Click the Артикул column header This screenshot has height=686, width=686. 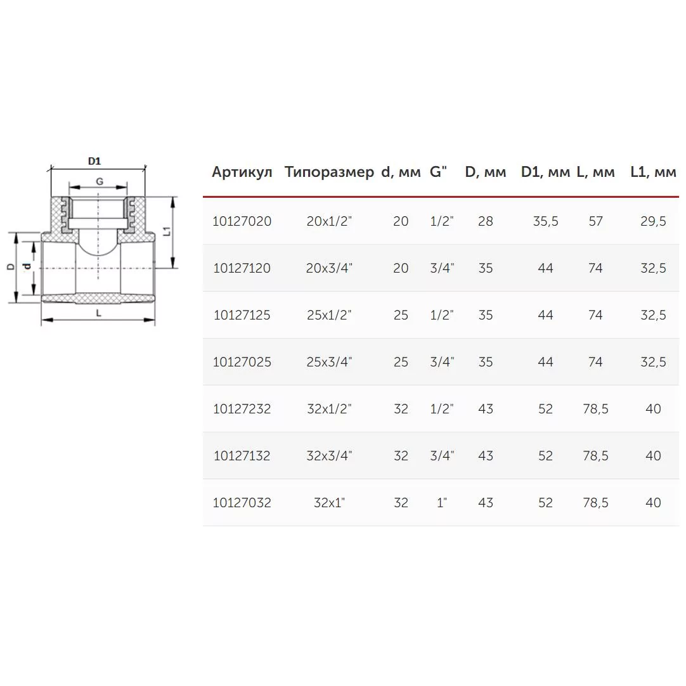pos(242,172)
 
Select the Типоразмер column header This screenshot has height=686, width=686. pos(329,172)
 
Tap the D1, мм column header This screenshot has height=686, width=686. pos(545,172)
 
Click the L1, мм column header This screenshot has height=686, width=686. pos(653,172)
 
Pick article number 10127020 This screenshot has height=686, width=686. pos(242,221)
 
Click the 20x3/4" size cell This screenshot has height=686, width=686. pos(329,268)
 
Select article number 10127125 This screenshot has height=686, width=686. pos(242,315)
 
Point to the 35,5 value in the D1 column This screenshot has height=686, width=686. pos(545,221)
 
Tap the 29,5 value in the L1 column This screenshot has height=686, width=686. pos(653,221)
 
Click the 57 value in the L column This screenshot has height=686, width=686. pos(595,221)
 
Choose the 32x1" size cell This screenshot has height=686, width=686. pos(329,503)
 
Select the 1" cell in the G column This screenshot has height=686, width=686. pos(442,503)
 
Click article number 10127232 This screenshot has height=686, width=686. pos(242,409)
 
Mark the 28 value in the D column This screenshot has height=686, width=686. pos(486,221)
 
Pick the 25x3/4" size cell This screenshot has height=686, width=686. pos(329,362)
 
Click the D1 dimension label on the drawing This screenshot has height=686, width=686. pos(94,162)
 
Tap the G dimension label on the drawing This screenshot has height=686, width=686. pos(100,181)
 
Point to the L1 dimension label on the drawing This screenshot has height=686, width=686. pos(167,231)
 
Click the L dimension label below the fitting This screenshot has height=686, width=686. pos(98,313)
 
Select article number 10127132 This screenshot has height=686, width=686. pos(242,456)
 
